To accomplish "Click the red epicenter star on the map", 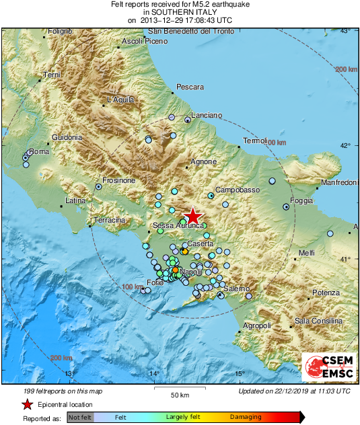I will pyautogui.click(x=193, y=216).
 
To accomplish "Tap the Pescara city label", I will pyautogui.click(x=190, y=87).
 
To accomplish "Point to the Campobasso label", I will pyautogui.click(x=237, y=190).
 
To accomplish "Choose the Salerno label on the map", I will pyautogui.click(x=236, y=288).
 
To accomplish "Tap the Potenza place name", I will pyautogui.click(x=326, y=293).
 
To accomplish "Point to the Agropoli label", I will pyautogui.click(x=256, y=326).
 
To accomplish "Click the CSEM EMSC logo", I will pyautogui.click(x=329, y=367).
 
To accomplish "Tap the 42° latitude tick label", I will pyautogui.click(x=346, y=145).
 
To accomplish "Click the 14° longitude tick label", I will pyautogui.click(x=154, y=374).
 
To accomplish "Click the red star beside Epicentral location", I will pyautogui.click(x=28, y=405).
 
